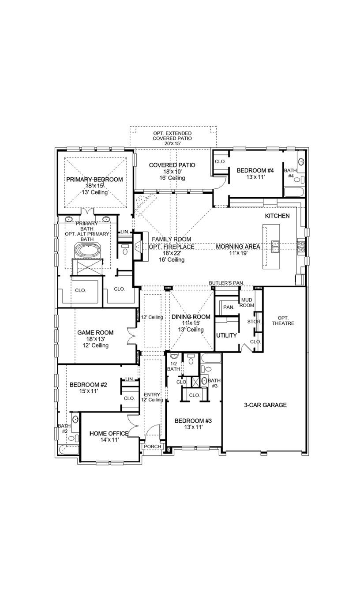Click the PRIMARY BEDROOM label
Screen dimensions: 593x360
point(94,180)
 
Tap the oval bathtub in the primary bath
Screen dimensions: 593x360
point(87,250)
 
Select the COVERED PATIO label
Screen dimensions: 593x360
point(172,165)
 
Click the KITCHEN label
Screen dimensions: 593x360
point(277,216)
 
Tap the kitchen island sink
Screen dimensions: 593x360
point(276,246)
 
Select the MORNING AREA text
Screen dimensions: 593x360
point(238,247)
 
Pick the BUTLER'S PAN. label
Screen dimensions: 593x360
point(227,282)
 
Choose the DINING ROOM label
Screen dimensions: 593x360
point(191,317)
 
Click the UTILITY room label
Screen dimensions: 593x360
point(226,335)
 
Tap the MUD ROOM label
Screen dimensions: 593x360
point(247,303)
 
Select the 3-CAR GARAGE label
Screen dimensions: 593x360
point(266,405)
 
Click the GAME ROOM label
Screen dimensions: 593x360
point(95,333)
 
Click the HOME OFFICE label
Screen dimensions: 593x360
point(109,434)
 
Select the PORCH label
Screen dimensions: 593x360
point(153,447)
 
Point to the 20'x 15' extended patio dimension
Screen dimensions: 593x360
point(172,143)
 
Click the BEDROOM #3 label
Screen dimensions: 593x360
point(193,421)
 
